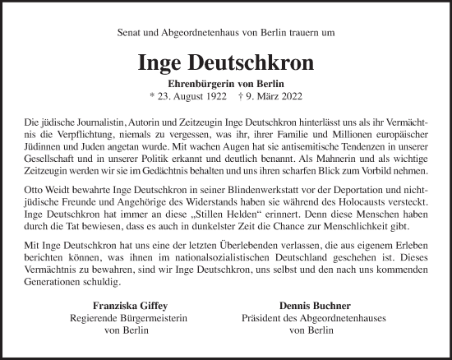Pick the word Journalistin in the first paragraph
(x=108, y=120)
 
